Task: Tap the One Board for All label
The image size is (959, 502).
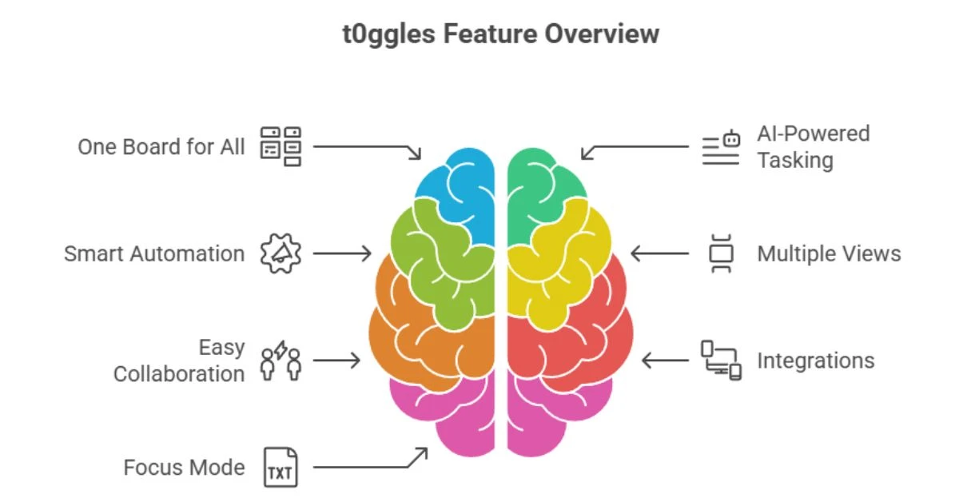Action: [161, 147]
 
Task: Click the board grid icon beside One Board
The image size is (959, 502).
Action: [281, 146]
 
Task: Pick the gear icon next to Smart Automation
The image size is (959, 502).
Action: [281, 253]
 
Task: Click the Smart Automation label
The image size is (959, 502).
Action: [154, 254]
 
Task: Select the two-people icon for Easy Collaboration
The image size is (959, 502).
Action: [281, 361]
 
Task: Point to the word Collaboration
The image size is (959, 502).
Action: [179, 374]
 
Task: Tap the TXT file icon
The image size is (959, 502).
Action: [281, 468]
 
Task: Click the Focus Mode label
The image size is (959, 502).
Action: [184, 467]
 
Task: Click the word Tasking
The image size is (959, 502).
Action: [795, 161]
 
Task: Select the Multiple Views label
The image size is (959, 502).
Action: [829, 254]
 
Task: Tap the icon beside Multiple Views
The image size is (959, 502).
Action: [722, 254]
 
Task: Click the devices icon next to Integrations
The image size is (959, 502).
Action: [721, 361]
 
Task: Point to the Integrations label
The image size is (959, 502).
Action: [815, 361]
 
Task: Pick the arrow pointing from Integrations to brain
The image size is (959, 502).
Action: [666, 361]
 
